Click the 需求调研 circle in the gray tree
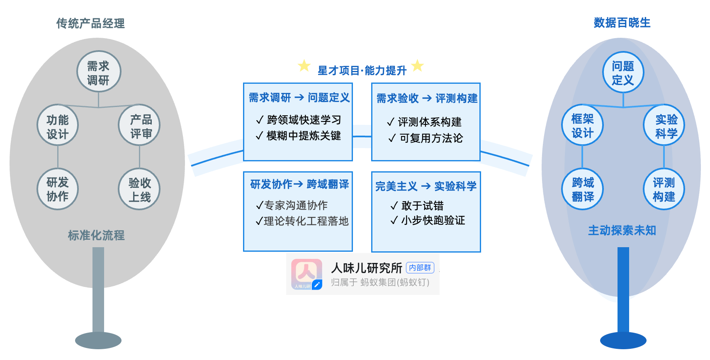(99, 72)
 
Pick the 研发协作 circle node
(58, 189)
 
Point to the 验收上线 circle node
(139, 189)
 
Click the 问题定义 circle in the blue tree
(623, 72)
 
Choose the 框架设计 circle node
(582, 125)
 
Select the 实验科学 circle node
(664, 125)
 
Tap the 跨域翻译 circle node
(582, 189)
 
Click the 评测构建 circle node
(664, 189)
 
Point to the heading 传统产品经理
(90, 24)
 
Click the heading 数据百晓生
(622, 23)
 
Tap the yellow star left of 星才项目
(304, 66)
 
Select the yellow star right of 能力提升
(417, 66)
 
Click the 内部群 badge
(420, 268)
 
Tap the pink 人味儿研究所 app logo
(306, 274)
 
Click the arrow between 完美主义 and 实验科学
(426, 187)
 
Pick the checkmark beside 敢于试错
(394, 206)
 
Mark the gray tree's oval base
(98, 341)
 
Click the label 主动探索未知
(622, 231)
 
